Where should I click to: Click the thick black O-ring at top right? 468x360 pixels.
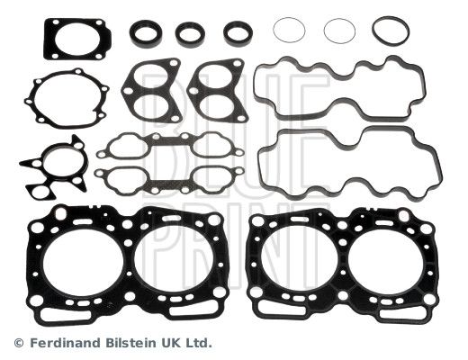pyautogui.click(x=374, y=31)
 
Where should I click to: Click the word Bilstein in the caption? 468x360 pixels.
pyautogui.click(x=130, y=342)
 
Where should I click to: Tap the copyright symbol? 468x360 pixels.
pyautogui.click(x=19, y=343)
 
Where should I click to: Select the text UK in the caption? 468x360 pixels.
pyautogui.click(x=167, y=342)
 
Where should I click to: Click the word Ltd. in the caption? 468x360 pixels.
pyautogui.click(x=196, y=342)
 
